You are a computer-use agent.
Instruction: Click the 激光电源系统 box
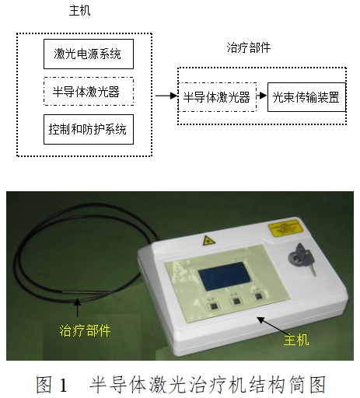click(88, 54)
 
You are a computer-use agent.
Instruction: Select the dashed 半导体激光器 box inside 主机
click(88, 91)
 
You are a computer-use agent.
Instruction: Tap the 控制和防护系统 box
click(88, 128)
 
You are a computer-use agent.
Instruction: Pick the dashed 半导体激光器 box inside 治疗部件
click(217, 97)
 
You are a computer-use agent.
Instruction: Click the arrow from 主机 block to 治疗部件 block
click(163, 96)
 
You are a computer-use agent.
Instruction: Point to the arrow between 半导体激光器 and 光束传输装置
click(261, 97)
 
